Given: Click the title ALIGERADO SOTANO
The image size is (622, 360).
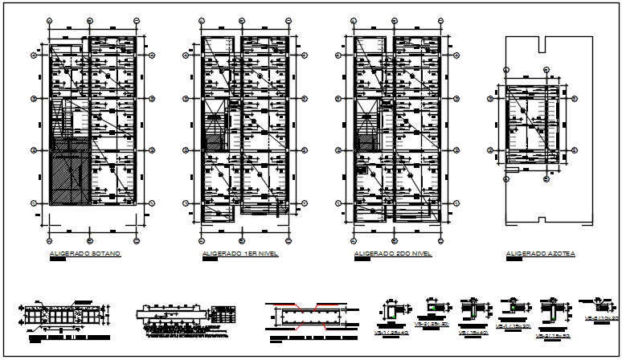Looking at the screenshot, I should click(84, 254).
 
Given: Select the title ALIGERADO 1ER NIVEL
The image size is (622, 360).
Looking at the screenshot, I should click(236, 254).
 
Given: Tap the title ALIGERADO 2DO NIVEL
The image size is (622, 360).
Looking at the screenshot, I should click(393, 254).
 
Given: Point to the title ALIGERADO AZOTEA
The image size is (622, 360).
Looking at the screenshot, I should click(540, 254).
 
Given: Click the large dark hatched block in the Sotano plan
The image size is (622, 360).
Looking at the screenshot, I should click(68, 174).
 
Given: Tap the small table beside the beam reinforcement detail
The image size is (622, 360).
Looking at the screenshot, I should click(224, 313).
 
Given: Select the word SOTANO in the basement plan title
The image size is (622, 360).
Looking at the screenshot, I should click(104, 254).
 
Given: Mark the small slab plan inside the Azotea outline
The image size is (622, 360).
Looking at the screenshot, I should click(527, 125).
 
